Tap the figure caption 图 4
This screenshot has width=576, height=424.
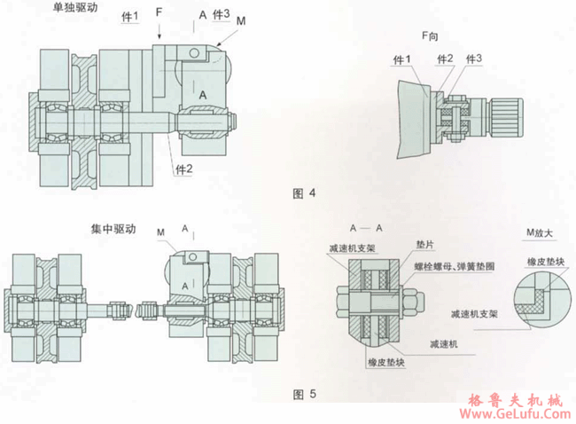pyautogui.click(x=302, y=192)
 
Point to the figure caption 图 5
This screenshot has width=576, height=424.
pyautogui.click(x=302, y=391)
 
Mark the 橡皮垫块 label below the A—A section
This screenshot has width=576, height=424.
pyautogui.click(x=385, y=362)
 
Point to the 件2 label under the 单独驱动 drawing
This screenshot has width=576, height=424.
pyautogui.click(x=183, y=169)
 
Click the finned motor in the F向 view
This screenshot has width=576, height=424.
pyautogui.click(x=511, y=117)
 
